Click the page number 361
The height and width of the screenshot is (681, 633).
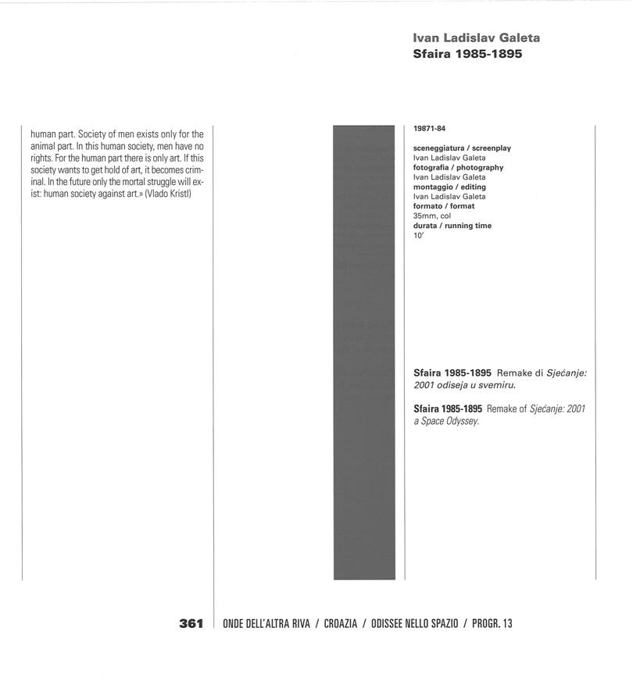[191, 623]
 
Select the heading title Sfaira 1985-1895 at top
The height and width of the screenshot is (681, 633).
[467, 55]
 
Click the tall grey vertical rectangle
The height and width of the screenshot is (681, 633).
[364, 351]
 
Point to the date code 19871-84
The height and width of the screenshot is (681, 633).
[429, 129]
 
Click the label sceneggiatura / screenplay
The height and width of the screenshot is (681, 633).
[462, 148]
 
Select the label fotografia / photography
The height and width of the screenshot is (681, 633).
[458, 167]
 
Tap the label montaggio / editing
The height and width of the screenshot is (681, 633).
[449, 187]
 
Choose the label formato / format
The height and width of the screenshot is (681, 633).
[444, 206]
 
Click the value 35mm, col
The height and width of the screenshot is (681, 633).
[432, 216]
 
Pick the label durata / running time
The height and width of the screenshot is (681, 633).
[452, 226]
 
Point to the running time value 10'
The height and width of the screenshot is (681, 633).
[418, 235]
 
